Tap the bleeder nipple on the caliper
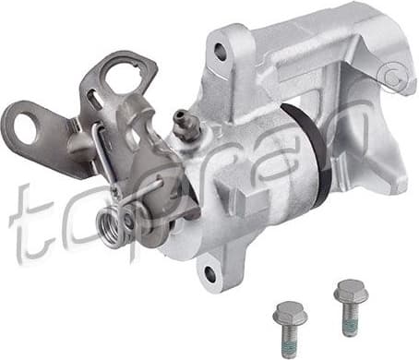point(184,123)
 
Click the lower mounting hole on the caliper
point(209,273)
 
